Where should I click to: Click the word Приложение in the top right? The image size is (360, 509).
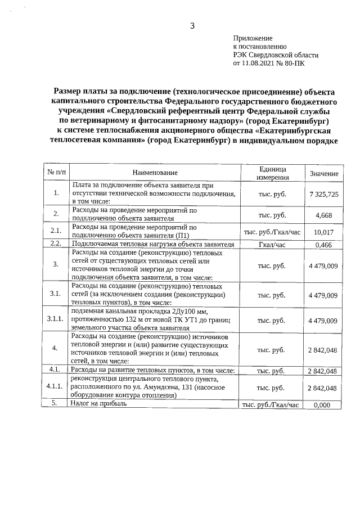[x=253, y=37]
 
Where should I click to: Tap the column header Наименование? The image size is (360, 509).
[x=155, y=173]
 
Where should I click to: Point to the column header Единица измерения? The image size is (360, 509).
[x=273, y=173]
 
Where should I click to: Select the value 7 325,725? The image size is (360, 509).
[x=324, y=193]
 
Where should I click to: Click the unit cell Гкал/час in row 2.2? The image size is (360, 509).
[x=273, y=245]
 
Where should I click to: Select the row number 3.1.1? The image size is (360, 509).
[x=56, y=320]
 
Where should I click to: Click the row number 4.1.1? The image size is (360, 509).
[x=56, y=388]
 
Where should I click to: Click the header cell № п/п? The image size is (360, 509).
[x=56, y=173]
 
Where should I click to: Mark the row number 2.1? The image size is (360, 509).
[x=56, y=231]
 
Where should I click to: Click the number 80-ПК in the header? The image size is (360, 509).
[x=296, y=64]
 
